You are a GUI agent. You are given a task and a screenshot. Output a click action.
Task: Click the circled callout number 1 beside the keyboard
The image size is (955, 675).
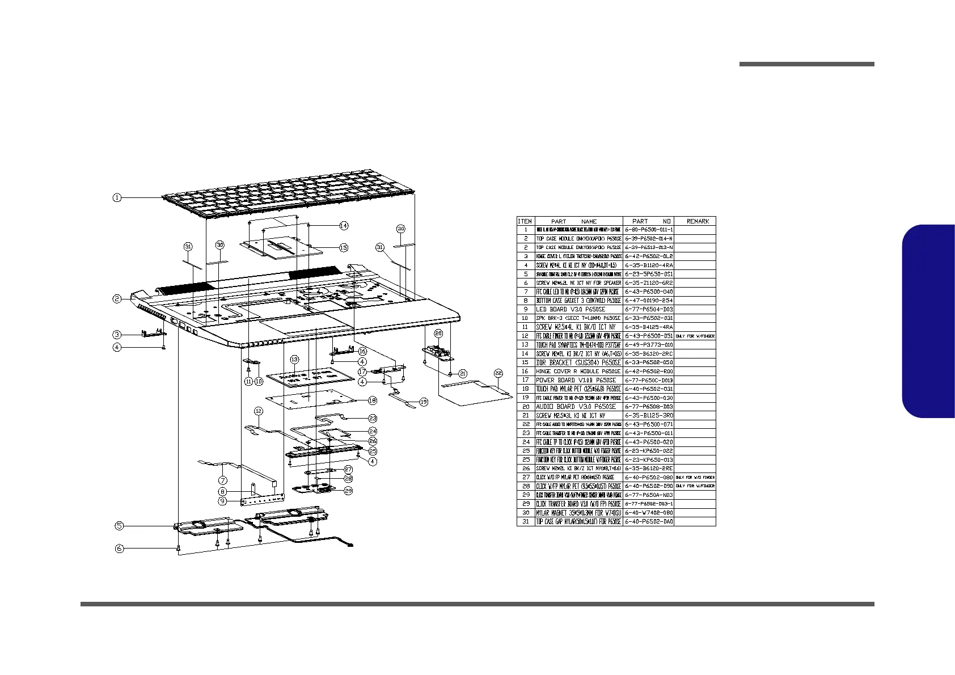116,197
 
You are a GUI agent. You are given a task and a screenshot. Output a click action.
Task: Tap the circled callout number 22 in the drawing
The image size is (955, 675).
498,373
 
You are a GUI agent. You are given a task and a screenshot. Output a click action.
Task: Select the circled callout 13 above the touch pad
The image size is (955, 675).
294,360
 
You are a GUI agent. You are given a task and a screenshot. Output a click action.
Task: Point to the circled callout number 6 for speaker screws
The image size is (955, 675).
119,549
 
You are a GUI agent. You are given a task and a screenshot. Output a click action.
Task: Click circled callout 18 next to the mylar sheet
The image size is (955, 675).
372,400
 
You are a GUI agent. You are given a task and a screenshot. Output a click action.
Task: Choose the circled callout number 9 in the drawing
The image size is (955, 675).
223,501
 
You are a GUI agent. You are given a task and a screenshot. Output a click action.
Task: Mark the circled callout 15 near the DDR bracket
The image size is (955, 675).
344,248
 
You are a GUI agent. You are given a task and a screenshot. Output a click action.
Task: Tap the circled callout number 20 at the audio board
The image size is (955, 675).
438,333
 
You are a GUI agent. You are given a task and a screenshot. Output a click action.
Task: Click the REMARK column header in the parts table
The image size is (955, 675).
698,221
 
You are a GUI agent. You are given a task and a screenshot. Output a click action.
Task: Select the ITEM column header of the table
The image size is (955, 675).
525,221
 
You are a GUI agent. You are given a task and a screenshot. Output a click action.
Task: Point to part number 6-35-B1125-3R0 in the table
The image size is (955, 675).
649,416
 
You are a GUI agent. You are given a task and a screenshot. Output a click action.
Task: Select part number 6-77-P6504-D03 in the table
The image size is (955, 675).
649,309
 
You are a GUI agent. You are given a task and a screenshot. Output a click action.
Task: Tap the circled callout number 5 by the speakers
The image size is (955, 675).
119,526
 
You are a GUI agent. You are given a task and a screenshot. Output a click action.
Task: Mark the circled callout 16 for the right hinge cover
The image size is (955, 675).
362,352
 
